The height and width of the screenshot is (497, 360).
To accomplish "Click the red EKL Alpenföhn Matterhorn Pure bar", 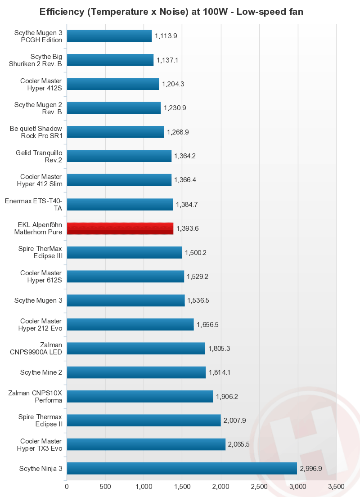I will click(x=120, y=228).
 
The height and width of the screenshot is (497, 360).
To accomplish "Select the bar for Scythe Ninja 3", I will click(x=182, y=468).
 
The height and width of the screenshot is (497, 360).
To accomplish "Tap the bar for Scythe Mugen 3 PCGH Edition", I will click(x=109, y=36).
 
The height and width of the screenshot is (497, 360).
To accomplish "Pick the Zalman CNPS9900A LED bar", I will click(x=136, y=348).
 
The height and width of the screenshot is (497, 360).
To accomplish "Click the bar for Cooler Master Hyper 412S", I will click(x=113, y=84).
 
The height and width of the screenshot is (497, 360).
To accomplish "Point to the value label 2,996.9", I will click(x=311, y=468).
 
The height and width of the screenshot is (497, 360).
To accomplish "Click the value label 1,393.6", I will click(x=187, y=228).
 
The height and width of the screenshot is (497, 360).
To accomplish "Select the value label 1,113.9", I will click(x=166, y=36).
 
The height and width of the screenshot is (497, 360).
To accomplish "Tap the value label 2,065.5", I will click(x=238, y=444).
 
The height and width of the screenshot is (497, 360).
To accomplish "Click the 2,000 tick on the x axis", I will click(x=220, y=487).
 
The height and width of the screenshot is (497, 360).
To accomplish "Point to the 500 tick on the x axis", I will click(x=105, y=487).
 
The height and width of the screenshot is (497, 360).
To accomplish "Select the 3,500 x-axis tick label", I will click(x=336, y=487).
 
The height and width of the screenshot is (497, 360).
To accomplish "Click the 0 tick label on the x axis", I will click(x=67, y=487).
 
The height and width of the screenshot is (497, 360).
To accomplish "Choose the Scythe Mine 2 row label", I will click(x=41, y=372).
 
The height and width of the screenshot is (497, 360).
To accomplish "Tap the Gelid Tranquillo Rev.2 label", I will click(x=39, y=156).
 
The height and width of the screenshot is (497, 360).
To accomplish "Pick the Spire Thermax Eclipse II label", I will click(x=40, y=420).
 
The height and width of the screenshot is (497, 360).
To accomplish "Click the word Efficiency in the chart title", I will click(x=62, y=12).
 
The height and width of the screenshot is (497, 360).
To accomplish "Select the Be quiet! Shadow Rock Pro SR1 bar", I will click(x=115, y=132).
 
